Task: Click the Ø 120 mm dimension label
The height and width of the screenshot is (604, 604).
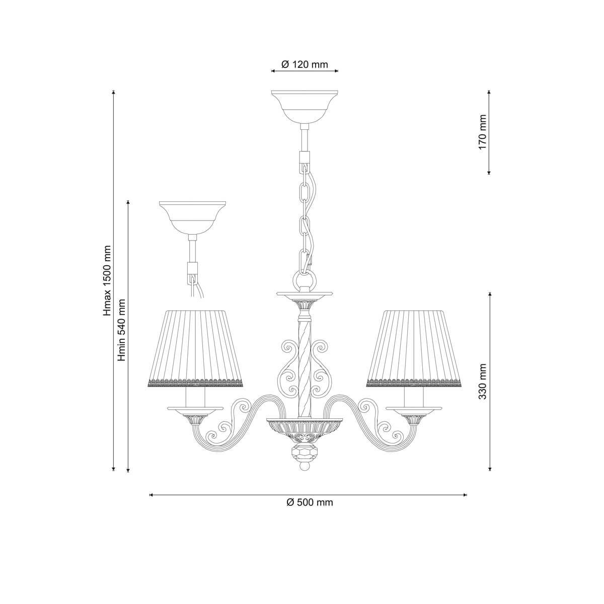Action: (305, 64)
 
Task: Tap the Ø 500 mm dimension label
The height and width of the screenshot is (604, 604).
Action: (310, 502)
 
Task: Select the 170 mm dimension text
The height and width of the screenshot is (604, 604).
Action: (482, 132)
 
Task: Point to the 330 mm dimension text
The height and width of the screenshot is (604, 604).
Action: (482, 382)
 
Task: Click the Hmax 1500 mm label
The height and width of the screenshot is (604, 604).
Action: (108, 280)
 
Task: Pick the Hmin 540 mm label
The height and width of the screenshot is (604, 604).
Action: (121, 330)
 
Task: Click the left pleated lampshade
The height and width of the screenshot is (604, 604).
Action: (195, 348)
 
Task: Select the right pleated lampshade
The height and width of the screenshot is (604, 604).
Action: (414, 348)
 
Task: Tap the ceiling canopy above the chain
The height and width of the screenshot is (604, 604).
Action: (305, 107)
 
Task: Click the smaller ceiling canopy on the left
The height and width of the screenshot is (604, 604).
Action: (192, 217)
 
